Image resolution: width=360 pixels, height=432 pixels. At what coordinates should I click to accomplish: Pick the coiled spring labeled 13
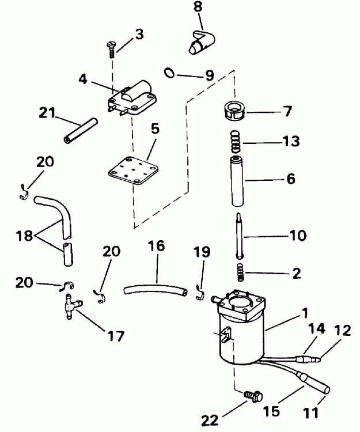tap(235, 140)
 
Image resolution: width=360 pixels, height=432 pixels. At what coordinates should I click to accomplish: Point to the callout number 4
tap(83, 78)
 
